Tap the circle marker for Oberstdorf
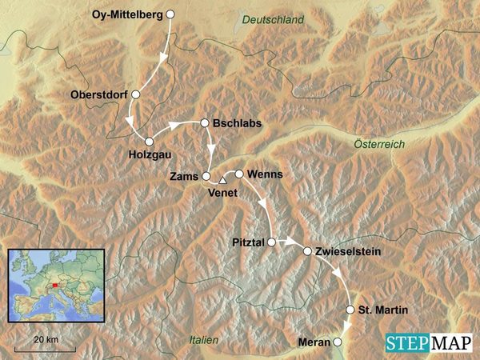[x=136, y=94]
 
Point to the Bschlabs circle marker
[x=205, y=123]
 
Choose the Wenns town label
[x=266, y=174]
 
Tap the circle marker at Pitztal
[x=272, y=241]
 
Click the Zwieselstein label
[x=348, y=251]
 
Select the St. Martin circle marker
[x=350, y=310]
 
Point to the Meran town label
[x=313, y=342]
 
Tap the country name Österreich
[x=379, y=143]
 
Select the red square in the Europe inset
[x=55, y=283]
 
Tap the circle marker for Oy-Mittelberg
[x=170, y=14]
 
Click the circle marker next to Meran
[x=338, y=342]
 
